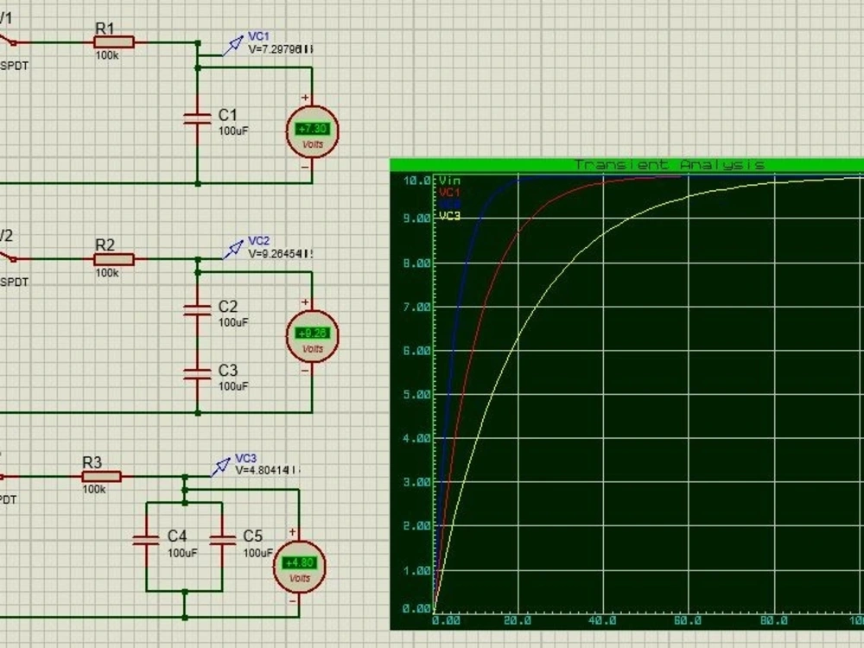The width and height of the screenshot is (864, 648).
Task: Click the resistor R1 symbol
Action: pos(114,41)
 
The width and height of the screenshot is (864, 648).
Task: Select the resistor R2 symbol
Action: pos(114,258)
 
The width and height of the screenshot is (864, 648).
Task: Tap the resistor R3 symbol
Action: pos(102,476)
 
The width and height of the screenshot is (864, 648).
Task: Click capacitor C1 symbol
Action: pos(198,118)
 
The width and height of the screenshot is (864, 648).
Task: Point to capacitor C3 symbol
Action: pos(198,372)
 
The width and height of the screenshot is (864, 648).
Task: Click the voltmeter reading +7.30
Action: pos(312,129)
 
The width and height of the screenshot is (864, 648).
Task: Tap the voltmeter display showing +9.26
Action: pos(312,334)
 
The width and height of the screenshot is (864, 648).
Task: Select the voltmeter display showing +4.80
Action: pos(300,563)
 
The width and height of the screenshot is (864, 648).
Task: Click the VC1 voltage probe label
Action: pos(259,36)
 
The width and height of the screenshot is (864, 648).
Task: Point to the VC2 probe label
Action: pos(259,241)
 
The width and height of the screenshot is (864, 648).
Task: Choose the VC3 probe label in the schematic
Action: pos(246,458)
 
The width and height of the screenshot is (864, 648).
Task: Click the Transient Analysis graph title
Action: pos(669,164)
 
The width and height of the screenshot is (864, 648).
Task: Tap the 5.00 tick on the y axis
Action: pos(416,395)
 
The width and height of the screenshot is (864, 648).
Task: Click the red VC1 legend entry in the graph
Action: pos(450,192)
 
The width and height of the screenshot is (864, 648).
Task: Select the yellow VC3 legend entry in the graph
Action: pos(450,216)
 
